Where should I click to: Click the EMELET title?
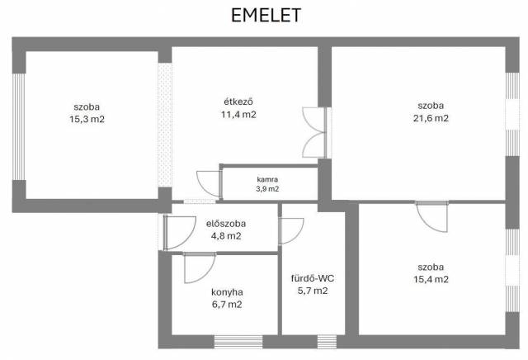click(266, 16)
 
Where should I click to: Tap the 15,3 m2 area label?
click(87, 119)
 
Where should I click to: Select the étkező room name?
click(238, 102)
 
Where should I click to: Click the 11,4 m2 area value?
click(238, 115)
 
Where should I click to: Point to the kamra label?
click(267, 179)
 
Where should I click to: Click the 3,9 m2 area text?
click(267, 189)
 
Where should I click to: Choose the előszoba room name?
click(226, 224)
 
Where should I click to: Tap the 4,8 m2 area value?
click(226, 236)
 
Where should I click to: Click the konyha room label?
click(227, 292)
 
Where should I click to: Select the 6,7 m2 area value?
click(227, 305)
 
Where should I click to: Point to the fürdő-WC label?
click(313, 278)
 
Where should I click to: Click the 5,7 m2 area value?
click(313, 291)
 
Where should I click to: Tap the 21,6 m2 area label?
click(431, 118)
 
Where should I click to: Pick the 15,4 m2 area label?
click(431, 279)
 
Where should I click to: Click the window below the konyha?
click(238, 342)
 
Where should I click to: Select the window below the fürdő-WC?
click(327, 342)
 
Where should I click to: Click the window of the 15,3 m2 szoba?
click(19, 126)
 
